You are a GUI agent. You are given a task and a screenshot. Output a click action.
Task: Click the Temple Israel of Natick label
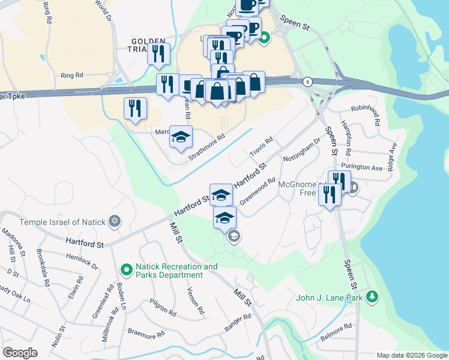(62, 222)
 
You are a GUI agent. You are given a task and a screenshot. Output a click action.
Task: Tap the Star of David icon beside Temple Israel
(115, 222)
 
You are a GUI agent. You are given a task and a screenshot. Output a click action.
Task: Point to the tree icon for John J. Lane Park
(372, 296)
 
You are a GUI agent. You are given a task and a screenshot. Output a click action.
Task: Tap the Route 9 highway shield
(307, 82)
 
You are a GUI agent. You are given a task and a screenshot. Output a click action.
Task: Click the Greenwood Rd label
(257, 191)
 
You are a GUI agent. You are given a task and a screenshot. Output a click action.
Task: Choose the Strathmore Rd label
(206, 146)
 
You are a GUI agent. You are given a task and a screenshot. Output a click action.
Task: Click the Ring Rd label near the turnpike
(71, 76)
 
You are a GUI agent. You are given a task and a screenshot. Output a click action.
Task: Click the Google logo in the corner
(20, 353)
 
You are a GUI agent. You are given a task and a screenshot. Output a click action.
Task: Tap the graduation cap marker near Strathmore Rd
(181, 137)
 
